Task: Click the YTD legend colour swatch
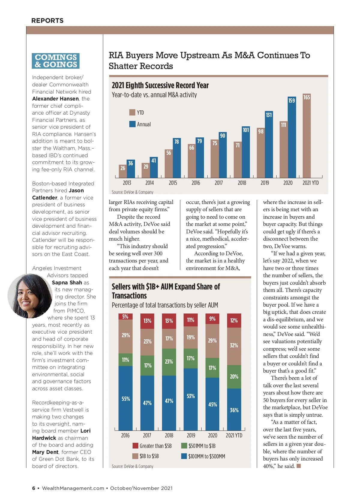coord(132,112)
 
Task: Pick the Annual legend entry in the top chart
coord(140,124)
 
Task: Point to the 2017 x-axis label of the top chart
coord(219,183)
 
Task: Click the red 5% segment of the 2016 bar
coord(125,317)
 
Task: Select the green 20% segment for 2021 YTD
coord(234,377)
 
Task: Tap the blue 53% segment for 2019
coord(190,399)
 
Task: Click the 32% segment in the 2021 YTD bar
coord(234,346)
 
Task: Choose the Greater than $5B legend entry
coord(152,446)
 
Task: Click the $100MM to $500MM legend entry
coord(203,456)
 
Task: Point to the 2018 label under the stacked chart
coord(169,435)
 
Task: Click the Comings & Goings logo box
coord(56,61)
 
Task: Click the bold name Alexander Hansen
coord(55,99)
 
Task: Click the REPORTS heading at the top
coord(47,21)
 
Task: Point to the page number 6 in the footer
coord(34,488)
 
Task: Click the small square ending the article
coord(298,466)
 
